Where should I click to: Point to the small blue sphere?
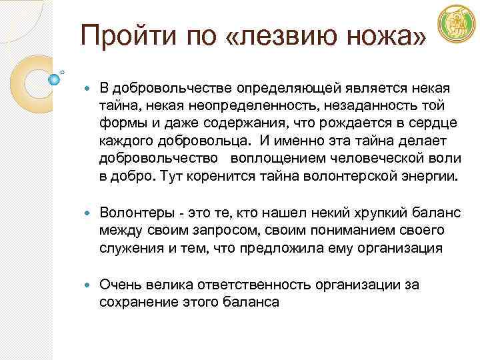click(x=55, y=79)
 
